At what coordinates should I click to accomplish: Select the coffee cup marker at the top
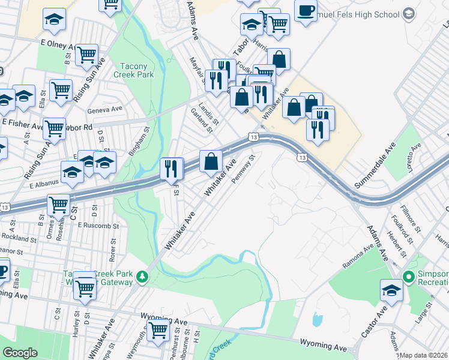[x=306, y=11]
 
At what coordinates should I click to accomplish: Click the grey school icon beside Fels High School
[x=409, y=13]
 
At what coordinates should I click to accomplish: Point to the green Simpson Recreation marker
[x=409, y=277]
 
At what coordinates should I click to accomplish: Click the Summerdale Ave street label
[x=376, y=166]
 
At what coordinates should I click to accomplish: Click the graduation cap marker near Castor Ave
[x=391, y=292]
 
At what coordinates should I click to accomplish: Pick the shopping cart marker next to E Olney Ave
[x=86, y=55]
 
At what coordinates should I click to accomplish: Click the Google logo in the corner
[x=20, y=353]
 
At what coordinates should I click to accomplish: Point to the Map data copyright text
[x=423, y=355]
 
